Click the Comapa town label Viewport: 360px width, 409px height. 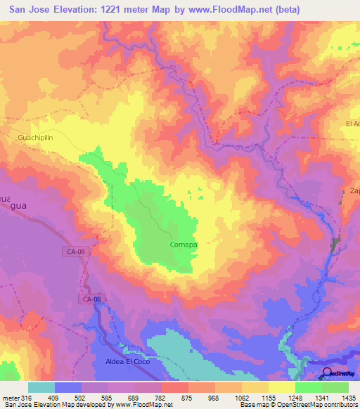coord(183,245)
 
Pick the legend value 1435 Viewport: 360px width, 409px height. coord(347,398)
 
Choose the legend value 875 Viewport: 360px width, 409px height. coord(188,398)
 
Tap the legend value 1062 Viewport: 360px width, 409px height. coord(240,398)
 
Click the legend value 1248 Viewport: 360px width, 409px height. coord(294,398)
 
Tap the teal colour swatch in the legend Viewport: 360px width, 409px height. coord(41,387)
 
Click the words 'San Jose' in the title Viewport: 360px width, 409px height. coord(30,10)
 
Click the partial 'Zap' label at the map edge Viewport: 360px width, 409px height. coord(354,191)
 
